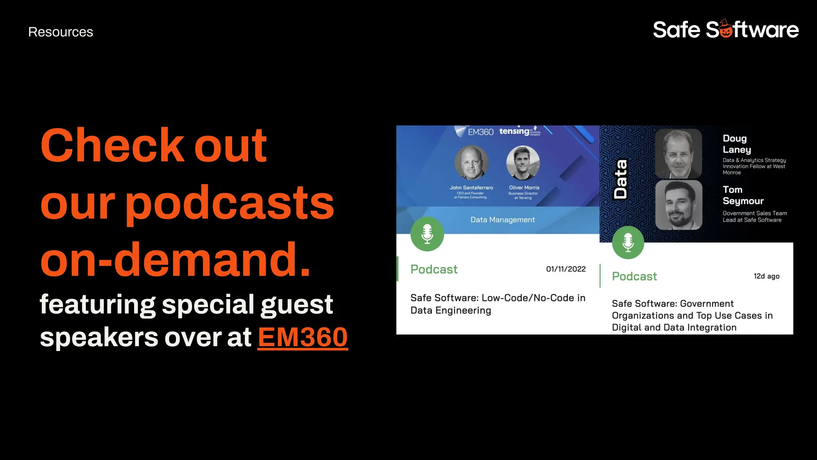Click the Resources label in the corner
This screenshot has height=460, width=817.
coord(61,32)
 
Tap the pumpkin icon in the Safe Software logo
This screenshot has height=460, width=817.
coord(726,29)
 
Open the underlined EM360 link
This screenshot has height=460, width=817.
coord(302,337)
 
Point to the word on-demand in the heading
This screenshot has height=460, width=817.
coord(176,260)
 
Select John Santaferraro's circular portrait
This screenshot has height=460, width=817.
coord(472,163)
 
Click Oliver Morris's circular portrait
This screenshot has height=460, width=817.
coord(523,163)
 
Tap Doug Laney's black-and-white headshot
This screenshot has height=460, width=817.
coord(679,154)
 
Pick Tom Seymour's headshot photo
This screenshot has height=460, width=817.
coord(679,205)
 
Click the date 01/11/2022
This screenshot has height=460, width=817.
coord(566,269)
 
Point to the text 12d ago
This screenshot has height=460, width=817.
coord(766,276)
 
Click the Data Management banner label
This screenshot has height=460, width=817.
coord(503,220)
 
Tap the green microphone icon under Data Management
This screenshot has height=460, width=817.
coord(427,234)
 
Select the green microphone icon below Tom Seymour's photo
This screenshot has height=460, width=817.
coord(628,243)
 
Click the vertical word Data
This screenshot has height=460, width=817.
coord(621,179)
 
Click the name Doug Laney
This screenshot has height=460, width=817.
coord(736,144)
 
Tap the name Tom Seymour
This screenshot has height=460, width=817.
coord(743,195)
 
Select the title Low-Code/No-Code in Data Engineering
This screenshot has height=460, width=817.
coord(497,304)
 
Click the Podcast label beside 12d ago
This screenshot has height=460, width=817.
coord(634,276)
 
